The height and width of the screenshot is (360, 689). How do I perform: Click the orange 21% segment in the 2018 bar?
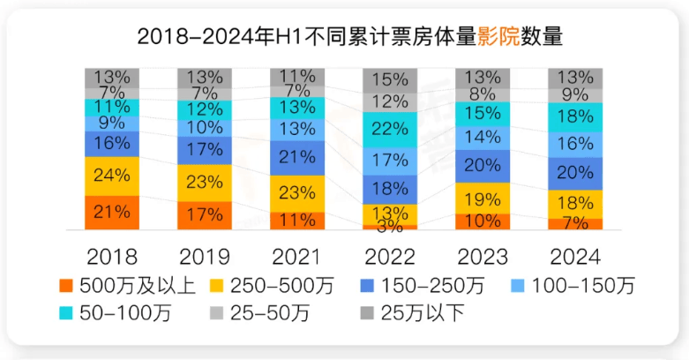click(112, 213)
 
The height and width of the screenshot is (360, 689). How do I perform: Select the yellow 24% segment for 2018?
click(112, 176)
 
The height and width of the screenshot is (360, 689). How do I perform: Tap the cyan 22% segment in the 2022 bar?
click(390, 130)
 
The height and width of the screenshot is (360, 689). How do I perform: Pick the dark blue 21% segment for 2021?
click(297, 157)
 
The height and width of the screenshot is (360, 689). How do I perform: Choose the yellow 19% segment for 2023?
click(483, 198)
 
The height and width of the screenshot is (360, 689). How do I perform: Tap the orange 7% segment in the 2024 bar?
click(575, 224)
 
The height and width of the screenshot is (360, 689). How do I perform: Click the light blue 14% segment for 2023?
click(483, 137)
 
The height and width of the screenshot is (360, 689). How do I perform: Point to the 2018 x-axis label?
click(112, 256)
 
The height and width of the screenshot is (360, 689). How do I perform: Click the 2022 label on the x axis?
click(390, 256)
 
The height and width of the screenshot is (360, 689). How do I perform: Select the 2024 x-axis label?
click(575, 256)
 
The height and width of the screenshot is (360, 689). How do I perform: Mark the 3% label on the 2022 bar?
click(389, 227)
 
